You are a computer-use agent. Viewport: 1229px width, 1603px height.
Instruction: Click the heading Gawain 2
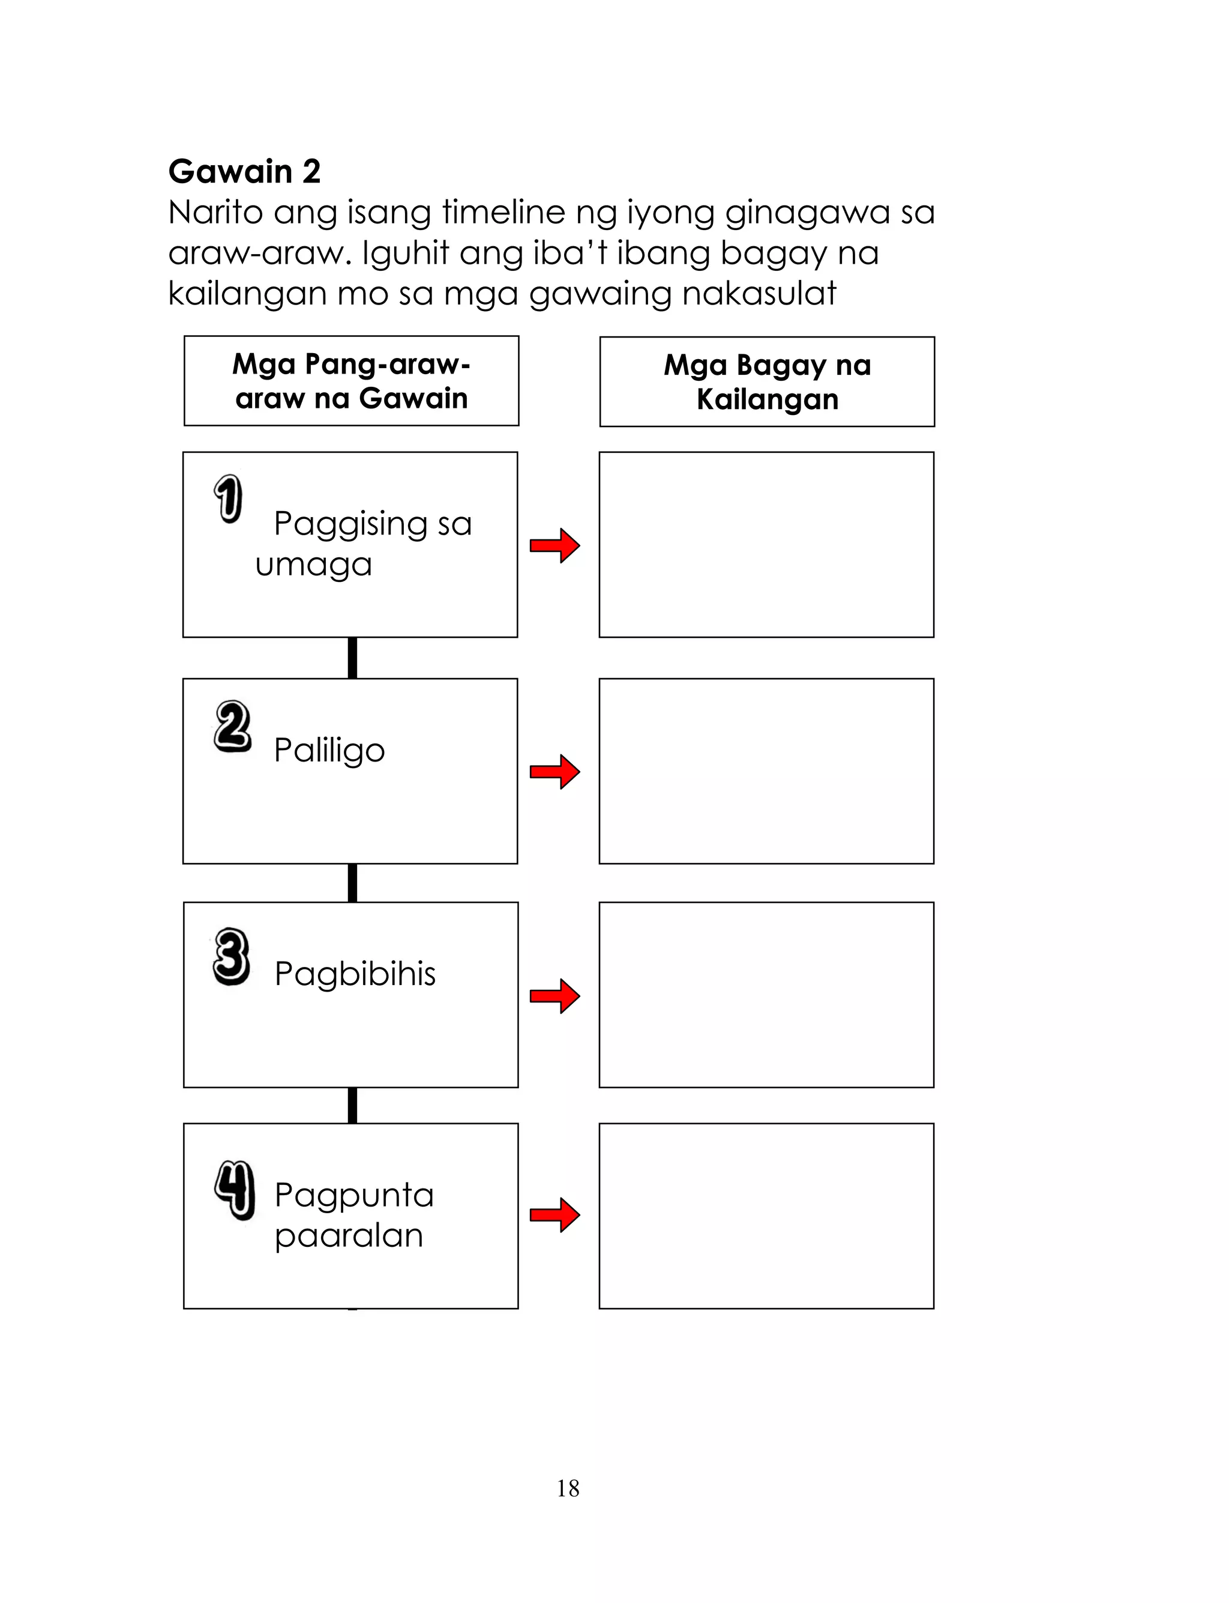pyautogui.click(x=244, y=171)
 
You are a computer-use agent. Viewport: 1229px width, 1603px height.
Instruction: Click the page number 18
pyautogui.click(x=568, y=1488)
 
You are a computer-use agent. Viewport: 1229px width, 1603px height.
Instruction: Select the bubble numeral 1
pyautogui.click(x=228, y=498)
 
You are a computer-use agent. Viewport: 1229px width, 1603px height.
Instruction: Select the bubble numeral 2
pyautogui.click(x=233, y=726)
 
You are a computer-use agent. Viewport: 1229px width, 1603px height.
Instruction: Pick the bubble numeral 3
pyautogui.click(x=231, y=956)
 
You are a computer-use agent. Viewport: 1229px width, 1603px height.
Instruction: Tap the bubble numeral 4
pyautogui.click(x=234, y=1189)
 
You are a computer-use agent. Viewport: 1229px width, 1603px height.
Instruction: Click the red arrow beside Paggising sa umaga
pyautogui.click(x=554, y=545)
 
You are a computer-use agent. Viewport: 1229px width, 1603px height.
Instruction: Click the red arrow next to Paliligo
pyautogui.click(x=554, y=772)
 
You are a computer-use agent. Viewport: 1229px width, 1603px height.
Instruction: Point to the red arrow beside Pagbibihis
pyautogui.click(x=554, y=995)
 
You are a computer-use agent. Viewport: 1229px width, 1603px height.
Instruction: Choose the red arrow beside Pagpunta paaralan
pyautogui.click(x=554, y=1215)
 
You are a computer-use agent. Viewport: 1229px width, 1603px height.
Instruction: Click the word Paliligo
pyautogui.click(x=329, y=751)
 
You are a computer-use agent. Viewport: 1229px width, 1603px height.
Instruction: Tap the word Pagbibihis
pyautogui.click(x=355, y=974)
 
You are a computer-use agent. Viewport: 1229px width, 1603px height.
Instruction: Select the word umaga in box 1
pyautogui.click(x=313, y=565)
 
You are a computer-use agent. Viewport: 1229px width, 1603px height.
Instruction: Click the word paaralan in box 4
pyautogui.click(x=349, y=1235)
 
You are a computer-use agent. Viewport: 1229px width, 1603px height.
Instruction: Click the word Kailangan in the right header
pyautogui.click(x=767, y=399)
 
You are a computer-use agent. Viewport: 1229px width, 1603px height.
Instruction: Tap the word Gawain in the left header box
pyautogui.click(x=413, y=398)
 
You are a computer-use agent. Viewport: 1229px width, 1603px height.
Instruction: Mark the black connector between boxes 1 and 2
pyautogui.click(x=352, y=657)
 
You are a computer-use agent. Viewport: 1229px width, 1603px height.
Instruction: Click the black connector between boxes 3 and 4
pyautogui.click(x=352, y=1105)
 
